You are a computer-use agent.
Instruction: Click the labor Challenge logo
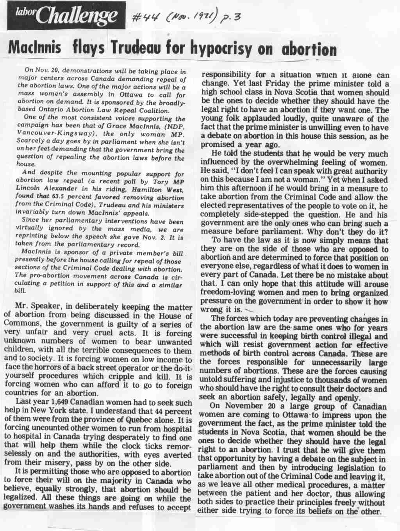pos(66,16)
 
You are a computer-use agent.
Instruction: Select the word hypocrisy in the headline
pos(234,50)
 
